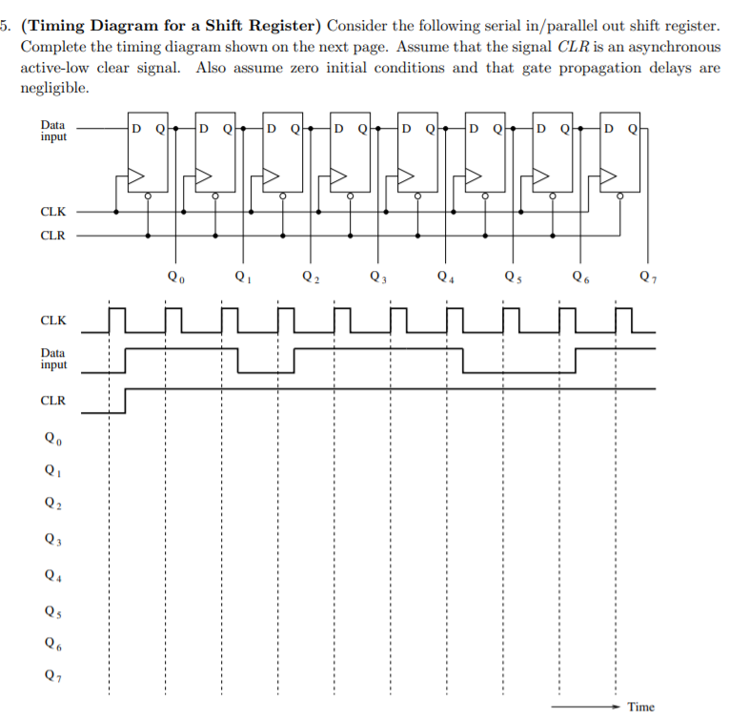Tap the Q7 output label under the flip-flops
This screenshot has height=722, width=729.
648,278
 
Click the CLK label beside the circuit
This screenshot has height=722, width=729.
53,212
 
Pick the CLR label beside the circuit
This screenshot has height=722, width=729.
53,235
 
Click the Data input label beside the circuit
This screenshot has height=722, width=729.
53,131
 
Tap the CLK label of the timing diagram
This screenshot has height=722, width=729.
53,321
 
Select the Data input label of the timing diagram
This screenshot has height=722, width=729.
53,359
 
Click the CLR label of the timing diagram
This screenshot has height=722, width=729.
53,400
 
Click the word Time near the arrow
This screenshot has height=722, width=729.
641,707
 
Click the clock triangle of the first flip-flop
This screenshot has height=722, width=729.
136,176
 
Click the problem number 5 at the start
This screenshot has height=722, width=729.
6,22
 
